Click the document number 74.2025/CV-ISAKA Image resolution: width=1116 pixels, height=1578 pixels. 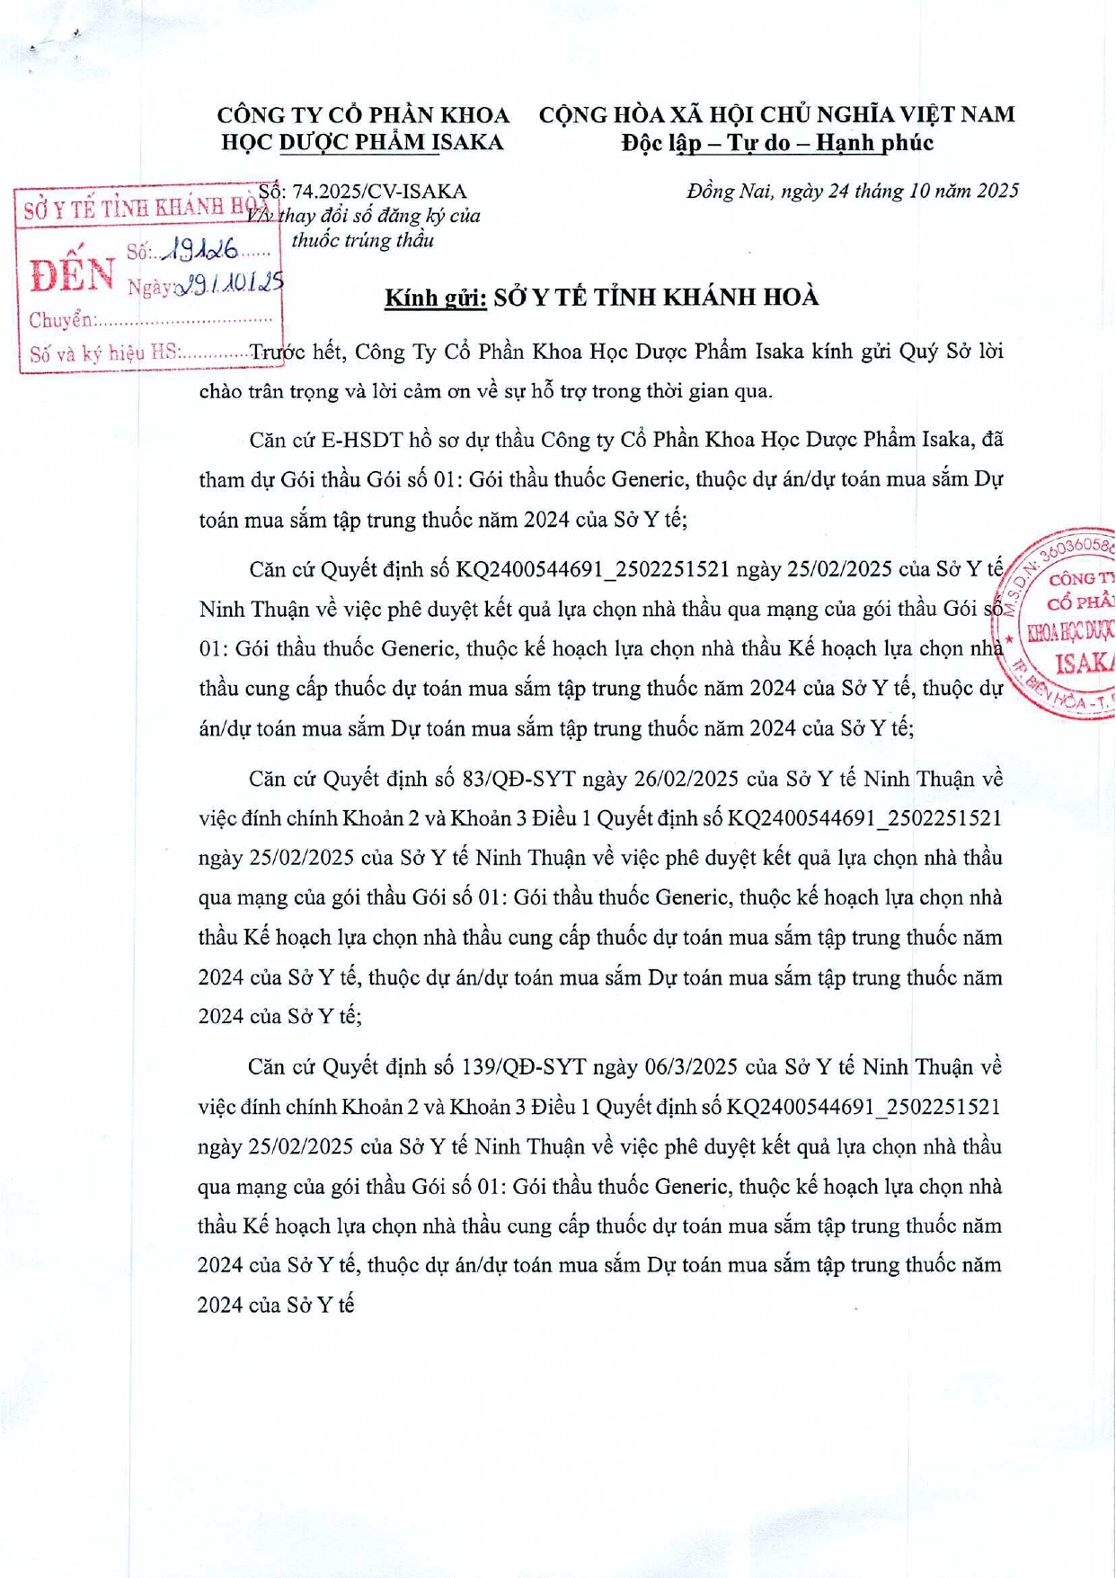pyautogui.click(x=378, y=192)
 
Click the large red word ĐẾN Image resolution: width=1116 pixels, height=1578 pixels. pyautogui.click(x=71, y=274)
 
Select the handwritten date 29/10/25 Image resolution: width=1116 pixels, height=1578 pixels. pyautogui.click(x=232, y=284)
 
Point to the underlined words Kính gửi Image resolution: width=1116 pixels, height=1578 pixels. pyautogui.click(x=436, y=298)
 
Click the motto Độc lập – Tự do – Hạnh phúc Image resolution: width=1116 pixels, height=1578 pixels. pyautogui.click(x=777, y=143)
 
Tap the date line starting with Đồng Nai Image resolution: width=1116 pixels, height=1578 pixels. pyautogui.click(x=852, y=191)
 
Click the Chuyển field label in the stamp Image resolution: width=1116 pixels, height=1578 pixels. pyautogui.click(x=61, y=320)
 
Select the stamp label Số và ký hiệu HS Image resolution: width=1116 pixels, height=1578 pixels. pyautogui.click(x=104, y=353)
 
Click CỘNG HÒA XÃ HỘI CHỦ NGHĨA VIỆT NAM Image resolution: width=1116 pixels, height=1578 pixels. pyautogui.click(x=777, y=115)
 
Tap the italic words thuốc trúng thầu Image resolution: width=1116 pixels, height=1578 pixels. pyautogui.click(x=362, y=241)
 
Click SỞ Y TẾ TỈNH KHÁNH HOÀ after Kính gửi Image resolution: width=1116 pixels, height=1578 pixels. pyautogui.click(x=656, y=298)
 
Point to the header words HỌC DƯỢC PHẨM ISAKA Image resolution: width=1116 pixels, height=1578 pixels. pyautogui.click(x=362, y=143)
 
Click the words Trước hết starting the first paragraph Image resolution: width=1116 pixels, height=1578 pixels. pyautogui.click(x=297, y=352)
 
